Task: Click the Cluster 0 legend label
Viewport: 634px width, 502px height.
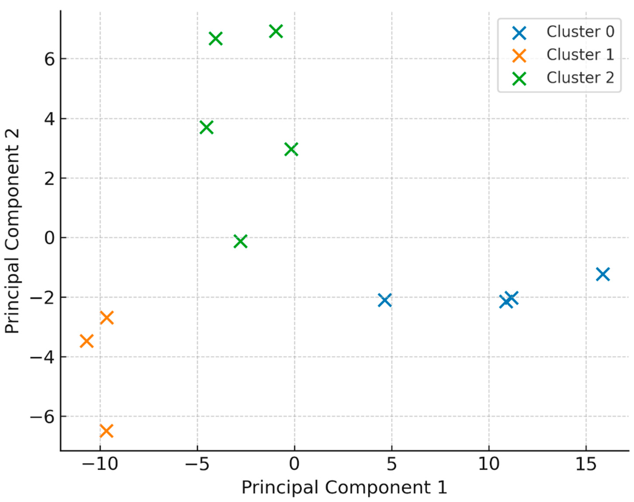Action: [x=580, y=32]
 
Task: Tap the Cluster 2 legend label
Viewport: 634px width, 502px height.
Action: [x=580, y=78]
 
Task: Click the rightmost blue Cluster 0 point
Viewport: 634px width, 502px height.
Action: [x=602, y=274]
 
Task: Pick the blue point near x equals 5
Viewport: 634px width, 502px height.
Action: [x=384, y=300]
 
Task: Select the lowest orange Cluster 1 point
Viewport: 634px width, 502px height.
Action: [x=106, y=431]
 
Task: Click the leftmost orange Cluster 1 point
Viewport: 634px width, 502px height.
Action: [x=87, y=341]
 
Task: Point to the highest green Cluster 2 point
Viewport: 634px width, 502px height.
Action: [x=276, y=31]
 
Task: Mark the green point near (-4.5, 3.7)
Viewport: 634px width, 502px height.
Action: [x=206, y=127]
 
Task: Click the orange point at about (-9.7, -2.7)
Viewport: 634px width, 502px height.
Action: [x=106, y=318]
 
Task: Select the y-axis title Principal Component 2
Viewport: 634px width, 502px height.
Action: [x=12, y=231]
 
